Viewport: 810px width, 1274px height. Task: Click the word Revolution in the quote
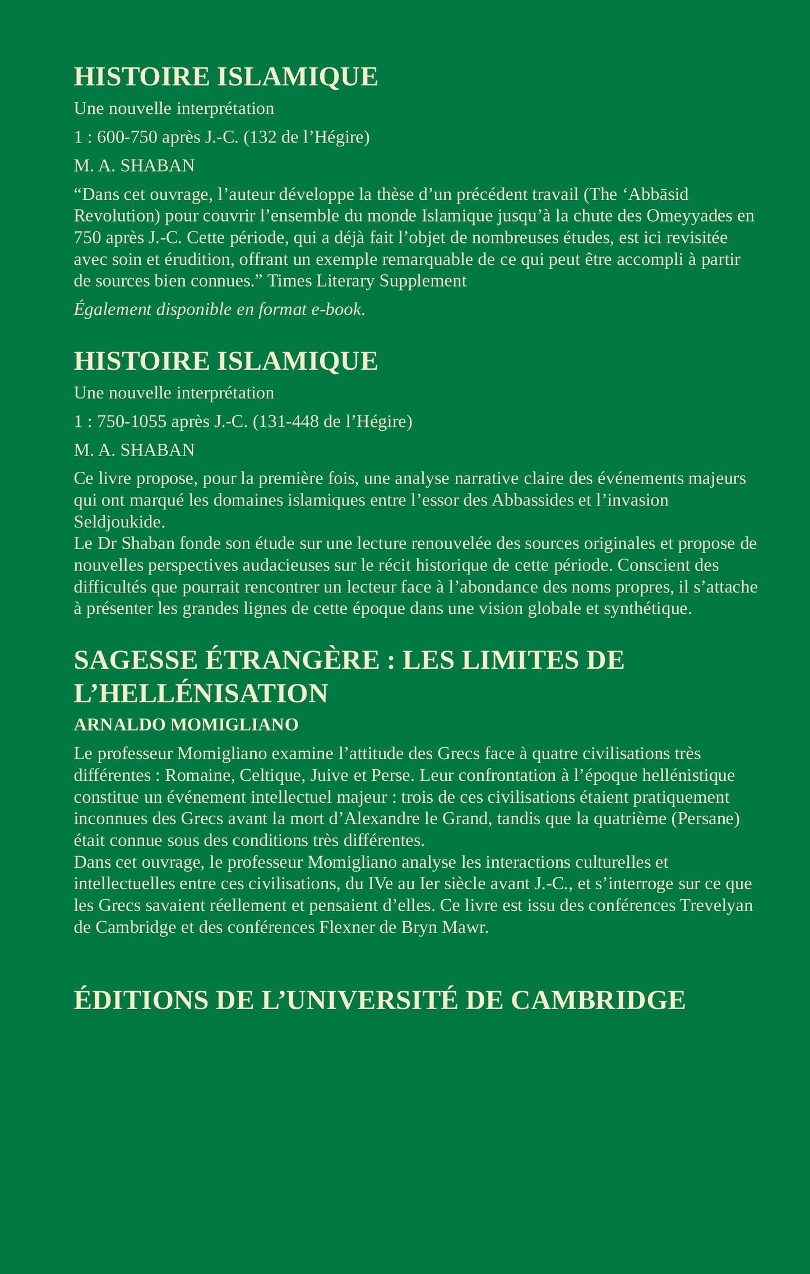click(117, 216)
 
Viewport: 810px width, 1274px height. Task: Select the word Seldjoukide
click(119, 522)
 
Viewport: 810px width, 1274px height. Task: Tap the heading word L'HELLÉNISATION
click(201, 694)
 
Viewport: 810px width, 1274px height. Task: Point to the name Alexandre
click(382, 819)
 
